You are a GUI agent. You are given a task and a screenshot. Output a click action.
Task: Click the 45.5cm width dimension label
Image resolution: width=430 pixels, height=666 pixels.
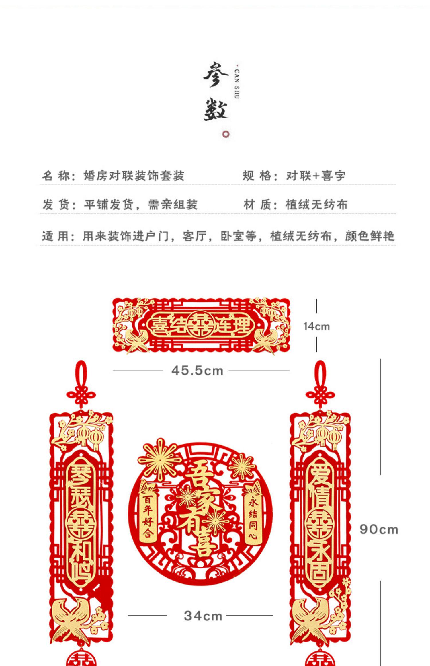coord(197,371)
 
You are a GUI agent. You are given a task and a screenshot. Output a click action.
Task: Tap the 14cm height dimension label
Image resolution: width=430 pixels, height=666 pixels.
coord(316,326)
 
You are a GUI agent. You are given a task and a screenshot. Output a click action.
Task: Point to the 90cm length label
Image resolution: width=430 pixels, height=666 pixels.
coord(379,529)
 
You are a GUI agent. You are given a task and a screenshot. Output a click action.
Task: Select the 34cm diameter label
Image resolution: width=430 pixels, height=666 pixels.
coord(203,616)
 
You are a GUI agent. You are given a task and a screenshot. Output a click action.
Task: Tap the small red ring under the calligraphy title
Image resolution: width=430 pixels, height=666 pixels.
coord(226,134)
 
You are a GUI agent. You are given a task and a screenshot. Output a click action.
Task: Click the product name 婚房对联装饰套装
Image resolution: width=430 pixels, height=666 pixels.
coord(134,176)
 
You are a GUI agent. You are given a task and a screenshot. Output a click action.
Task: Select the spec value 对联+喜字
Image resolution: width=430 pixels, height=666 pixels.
coord(316,176)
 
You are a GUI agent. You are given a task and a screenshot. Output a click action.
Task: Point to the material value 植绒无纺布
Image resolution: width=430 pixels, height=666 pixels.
coord(316,205)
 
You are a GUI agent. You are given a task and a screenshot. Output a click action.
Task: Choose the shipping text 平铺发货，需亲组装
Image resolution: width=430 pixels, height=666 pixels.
coord(140,205)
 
